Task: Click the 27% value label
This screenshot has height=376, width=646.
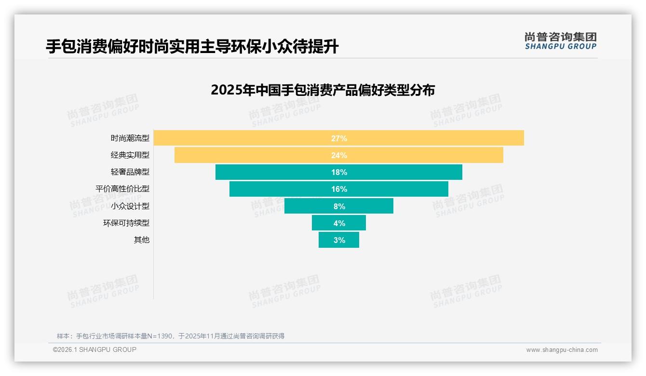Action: coord(339,138)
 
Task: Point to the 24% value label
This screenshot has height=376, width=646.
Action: coord(339,155)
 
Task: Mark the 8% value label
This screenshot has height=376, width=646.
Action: coord(339,206)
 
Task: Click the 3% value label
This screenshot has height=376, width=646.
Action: coord(339,240)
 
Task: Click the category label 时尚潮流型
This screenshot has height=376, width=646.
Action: coord(130,138)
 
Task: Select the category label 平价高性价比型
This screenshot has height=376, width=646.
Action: coord(122,189)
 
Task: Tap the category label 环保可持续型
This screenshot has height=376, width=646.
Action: coord(126,223)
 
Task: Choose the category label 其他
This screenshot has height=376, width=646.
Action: coord(142,240)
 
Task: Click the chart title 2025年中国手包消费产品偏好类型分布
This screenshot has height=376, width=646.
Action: coord(323,90)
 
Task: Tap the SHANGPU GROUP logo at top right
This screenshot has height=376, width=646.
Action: coord(560,41)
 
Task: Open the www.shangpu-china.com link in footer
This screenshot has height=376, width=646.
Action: coord(562,350)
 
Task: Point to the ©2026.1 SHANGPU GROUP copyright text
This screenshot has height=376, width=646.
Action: coord(94,349)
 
